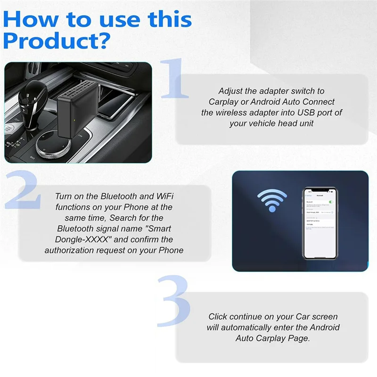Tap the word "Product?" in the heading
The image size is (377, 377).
[x=57, y=41]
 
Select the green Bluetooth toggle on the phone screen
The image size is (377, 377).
[x=331, y=202]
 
